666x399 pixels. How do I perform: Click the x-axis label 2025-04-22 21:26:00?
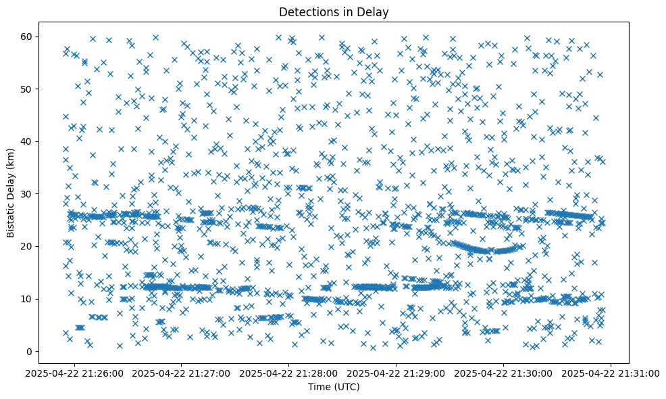pyautogui.click(x=75, y=373)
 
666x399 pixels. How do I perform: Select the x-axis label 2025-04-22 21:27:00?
pyautogui.click(x=182, y=373)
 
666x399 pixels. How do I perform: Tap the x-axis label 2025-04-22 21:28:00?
pyautogui.click(x=289, y=373)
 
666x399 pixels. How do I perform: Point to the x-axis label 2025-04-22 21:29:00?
pyautogui.click(x=396, y=373)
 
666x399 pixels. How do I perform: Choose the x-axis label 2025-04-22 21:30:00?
pyautogui.click(x=504, y=373)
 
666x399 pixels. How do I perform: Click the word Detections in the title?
pyautogui.click(x=304, y=11)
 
